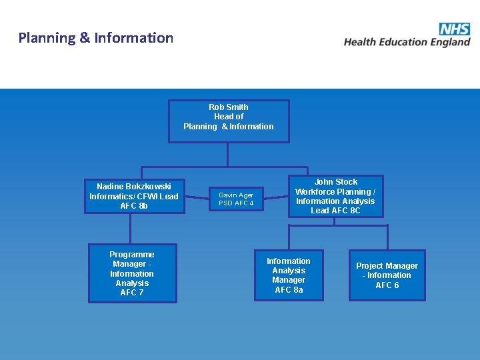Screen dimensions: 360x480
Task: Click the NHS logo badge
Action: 455,29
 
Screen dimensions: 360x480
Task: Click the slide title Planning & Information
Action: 96,38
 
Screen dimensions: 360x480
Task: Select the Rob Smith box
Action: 229,121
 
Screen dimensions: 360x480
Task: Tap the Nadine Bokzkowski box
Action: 134,196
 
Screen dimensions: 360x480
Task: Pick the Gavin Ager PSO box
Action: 236,199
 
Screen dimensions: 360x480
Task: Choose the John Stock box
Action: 335,196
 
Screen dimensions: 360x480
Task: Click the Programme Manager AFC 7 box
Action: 132,273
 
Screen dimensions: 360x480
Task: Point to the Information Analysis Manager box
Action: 289,275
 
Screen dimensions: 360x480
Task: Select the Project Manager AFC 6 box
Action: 387,275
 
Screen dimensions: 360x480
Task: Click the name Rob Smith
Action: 229,107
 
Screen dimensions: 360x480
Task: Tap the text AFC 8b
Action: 134,206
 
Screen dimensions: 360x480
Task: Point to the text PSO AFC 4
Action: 236,203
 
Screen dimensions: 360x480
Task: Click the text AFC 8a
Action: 289,290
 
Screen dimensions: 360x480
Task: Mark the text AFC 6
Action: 387,285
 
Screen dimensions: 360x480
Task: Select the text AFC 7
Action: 132,293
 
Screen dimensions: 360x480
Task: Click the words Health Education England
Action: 407,42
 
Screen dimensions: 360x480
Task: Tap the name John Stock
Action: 336,181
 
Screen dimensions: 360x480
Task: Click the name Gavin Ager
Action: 237,195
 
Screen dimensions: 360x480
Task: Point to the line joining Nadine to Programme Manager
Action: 131,229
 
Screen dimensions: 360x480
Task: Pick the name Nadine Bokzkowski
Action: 134,187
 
